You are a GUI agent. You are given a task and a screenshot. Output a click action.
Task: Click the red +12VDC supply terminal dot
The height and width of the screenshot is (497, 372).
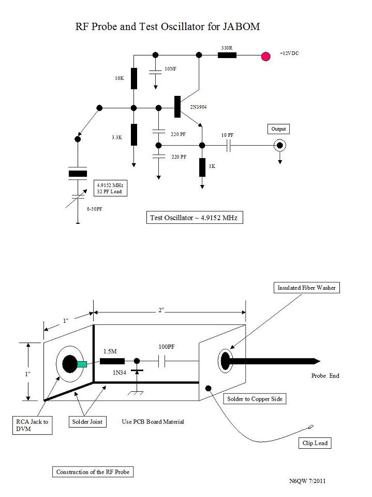point(266,56)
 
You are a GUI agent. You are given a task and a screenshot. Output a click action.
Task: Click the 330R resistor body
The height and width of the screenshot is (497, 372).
point(227,55)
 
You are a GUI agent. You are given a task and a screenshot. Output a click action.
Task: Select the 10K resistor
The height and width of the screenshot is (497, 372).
point(134,78)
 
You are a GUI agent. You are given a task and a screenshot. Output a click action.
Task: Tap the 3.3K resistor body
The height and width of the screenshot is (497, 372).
point(134,135)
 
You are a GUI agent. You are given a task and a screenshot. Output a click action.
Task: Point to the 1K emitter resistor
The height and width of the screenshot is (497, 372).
point(202,167)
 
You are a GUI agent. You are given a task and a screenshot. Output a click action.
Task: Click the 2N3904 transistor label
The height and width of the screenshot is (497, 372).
point(198,107)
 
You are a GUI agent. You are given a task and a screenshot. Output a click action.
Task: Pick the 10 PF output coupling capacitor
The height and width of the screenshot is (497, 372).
point(229,146)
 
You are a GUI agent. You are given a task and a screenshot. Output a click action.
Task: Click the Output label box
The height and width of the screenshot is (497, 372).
point(278,129)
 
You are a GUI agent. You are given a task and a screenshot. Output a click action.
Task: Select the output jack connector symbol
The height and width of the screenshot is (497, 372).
point(279,146)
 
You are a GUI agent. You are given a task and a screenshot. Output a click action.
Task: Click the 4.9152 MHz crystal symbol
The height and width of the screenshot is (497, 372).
point(78,174)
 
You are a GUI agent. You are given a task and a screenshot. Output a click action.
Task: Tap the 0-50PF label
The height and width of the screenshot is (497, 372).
point(95,209)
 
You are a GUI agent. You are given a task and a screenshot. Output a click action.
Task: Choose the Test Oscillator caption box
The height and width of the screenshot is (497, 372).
point(195,218)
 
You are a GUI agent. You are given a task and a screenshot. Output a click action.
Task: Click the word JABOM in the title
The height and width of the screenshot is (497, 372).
point(241,26)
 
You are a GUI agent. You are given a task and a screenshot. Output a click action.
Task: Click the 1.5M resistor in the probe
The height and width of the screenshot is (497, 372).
point(112,361)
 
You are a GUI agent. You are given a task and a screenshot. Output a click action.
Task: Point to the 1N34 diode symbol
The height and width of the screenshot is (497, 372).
point(137,372)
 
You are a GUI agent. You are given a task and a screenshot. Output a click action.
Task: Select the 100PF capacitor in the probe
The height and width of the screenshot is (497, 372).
point(161,361)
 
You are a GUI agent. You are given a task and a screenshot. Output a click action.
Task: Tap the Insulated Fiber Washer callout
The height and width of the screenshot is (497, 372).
point(306,288)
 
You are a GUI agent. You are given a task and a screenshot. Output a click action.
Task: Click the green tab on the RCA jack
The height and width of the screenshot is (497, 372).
point(82,364)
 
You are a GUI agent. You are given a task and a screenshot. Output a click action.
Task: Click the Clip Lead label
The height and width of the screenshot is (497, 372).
point(315,443)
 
